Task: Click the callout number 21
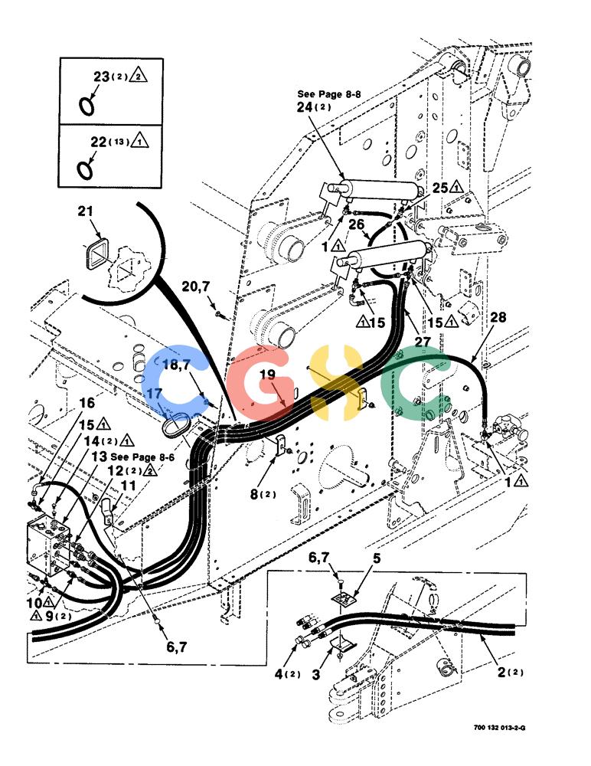[x=85, y=211]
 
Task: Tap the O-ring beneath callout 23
[x=87, y=106]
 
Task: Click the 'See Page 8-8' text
[x=328, y=93]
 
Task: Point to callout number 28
[x=498, y=318]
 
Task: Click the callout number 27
[x=423, y=342]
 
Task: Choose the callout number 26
[x=356, y=224]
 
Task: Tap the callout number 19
[x=267, y=375]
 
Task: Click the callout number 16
[x=87, y=403]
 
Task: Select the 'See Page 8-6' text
[x=142, y=457]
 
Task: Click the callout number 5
[x=377, y=558]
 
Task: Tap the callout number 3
[x=316, y=675]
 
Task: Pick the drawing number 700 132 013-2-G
[x=499, y=728]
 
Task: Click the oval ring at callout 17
[x=175, y=424]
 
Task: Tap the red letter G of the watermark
[x=261, y=382]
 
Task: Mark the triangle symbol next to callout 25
[x=456, y=187]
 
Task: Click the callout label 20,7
[x=195, y=286]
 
